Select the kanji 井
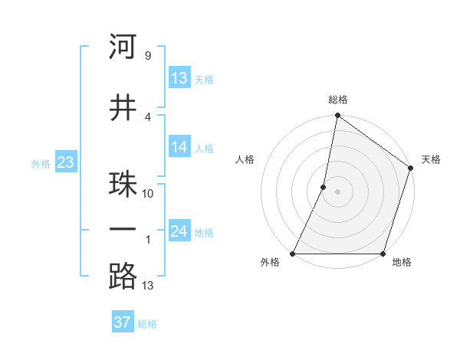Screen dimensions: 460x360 coord(123,108)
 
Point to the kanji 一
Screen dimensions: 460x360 coord(123,231)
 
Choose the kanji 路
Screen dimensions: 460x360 coord(123,276)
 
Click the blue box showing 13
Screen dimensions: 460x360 coord(179,77)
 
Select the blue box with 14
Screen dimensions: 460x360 coord(179,147)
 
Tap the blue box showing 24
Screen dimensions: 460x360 coord(179,231)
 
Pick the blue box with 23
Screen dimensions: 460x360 coord(65,162)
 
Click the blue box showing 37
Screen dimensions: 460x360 coord(122,322)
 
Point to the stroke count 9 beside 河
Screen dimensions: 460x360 coord(147,55)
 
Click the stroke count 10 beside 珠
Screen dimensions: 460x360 coord(148,194)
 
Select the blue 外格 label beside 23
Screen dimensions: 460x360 coord(41,163)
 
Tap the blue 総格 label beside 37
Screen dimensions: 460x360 coord(147,324)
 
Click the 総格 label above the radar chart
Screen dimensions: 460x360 coord(338,100)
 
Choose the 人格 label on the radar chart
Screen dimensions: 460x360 coord(245,159)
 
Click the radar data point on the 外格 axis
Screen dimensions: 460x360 coord(293,254)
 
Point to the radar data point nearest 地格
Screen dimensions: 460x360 coord(383,254)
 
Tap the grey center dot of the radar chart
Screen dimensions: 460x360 coord(337,192)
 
